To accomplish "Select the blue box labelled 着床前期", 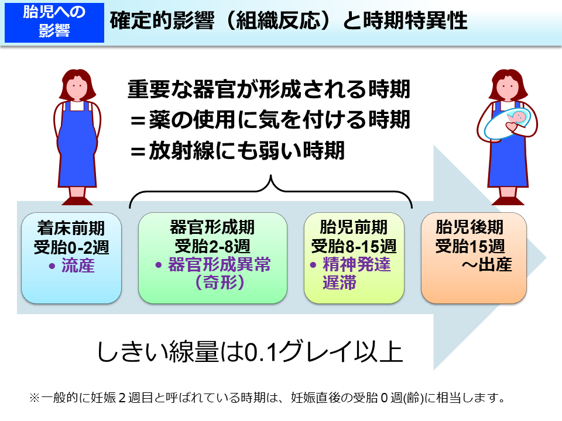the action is (x=71, y=257).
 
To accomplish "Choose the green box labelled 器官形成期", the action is (x=213, y=257).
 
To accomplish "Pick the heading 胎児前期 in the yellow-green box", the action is (x=354, y=227).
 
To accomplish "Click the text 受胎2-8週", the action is (x=212, y=246).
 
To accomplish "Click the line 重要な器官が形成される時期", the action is (x=269, y=91).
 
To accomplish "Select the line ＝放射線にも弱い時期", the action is (x=237, y=151).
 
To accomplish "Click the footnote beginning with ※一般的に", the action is (x=266, y=399).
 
